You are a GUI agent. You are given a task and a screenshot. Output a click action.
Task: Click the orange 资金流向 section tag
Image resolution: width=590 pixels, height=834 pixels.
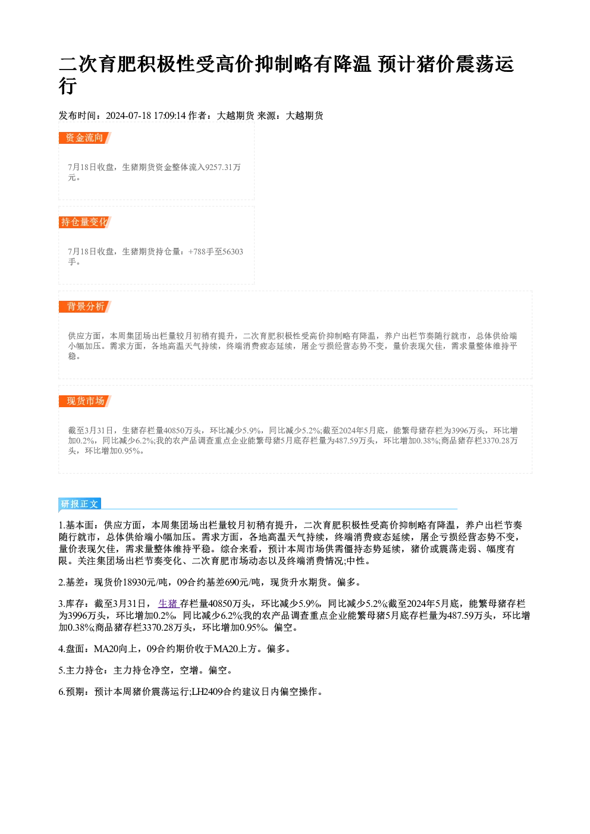coord(85,138)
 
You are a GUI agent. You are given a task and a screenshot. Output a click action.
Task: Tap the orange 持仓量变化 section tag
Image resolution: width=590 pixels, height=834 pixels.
coord(85,222)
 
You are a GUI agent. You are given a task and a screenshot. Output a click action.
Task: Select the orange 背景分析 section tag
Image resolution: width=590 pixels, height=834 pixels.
coord(85,307)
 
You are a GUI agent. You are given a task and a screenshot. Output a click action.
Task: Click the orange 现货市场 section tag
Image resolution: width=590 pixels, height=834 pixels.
coord(85,401)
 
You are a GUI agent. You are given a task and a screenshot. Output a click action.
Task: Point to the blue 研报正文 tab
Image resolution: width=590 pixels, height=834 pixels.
coord(80,504)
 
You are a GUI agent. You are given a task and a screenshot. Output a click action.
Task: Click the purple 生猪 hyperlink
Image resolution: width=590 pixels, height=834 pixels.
coord(169,603)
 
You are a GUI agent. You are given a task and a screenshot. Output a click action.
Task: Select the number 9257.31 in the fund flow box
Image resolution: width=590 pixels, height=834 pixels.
coord(219,167)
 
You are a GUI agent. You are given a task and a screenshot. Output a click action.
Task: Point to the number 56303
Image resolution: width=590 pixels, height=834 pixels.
coord(233,251)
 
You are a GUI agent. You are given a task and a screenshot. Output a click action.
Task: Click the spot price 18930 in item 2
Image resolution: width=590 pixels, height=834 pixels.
coord(134,582)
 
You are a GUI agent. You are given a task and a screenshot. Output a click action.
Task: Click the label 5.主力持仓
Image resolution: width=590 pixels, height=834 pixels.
coord(81,671)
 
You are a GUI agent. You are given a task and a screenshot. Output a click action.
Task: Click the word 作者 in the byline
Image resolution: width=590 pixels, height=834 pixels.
coord(197,116)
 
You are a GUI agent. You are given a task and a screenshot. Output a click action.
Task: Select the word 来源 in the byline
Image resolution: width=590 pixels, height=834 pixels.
coord(266,116)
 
